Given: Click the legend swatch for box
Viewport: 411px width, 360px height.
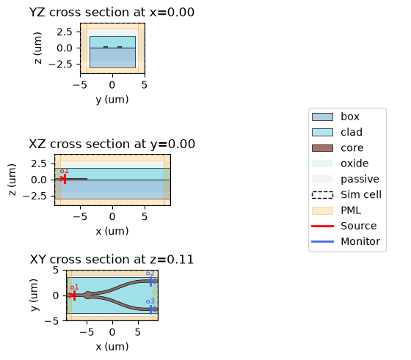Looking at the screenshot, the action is [322, 117].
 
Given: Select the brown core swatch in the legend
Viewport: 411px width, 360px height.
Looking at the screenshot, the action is [322, 148].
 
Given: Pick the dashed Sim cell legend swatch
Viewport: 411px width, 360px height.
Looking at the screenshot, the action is [322, 195].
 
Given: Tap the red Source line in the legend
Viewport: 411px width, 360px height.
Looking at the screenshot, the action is [322, 226].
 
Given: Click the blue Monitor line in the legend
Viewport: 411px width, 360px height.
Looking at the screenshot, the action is [322, 241].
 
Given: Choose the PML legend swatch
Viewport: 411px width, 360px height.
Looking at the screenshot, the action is [322, 210].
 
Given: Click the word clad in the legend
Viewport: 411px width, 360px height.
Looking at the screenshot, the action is [352, 132].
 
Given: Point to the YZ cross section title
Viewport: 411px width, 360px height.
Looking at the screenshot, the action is [112, 12].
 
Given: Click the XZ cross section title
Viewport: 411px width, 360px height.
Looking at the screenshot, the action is [112, 144].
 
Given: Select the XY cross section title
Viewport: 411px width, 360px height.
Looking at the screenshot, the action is [112, 260].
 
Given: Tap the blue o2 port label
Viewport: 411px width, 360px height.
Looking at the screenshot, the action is [150, 273].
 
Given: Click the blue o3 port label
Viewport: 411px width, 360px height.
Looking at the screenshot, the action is [150, 301].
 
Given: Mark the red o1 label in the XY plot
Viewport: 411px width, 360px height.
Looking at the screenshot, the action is [74, 287].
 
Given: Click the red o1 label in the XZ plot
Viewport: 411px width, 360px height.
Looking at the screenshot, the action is [65, 172].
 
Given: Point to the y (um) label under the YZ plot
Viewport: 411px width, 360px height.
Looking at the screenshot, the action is [112, 100].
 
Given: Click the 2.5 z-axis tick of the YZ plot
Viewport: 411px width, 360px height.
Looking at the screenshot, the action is [65, 32].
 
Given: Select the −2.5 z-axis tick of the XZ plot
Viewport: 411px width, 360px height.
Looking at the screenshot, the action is [34, 196].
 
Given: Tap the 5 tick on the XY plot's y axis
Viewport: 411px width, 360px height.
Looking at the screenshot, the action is [56, 270].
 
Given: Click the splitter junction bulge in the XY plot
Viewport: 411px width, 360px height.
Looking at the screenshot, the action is [88, 295].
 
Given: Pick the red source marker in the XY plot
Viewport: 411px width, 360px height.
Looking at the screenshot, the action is [74, 295].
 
